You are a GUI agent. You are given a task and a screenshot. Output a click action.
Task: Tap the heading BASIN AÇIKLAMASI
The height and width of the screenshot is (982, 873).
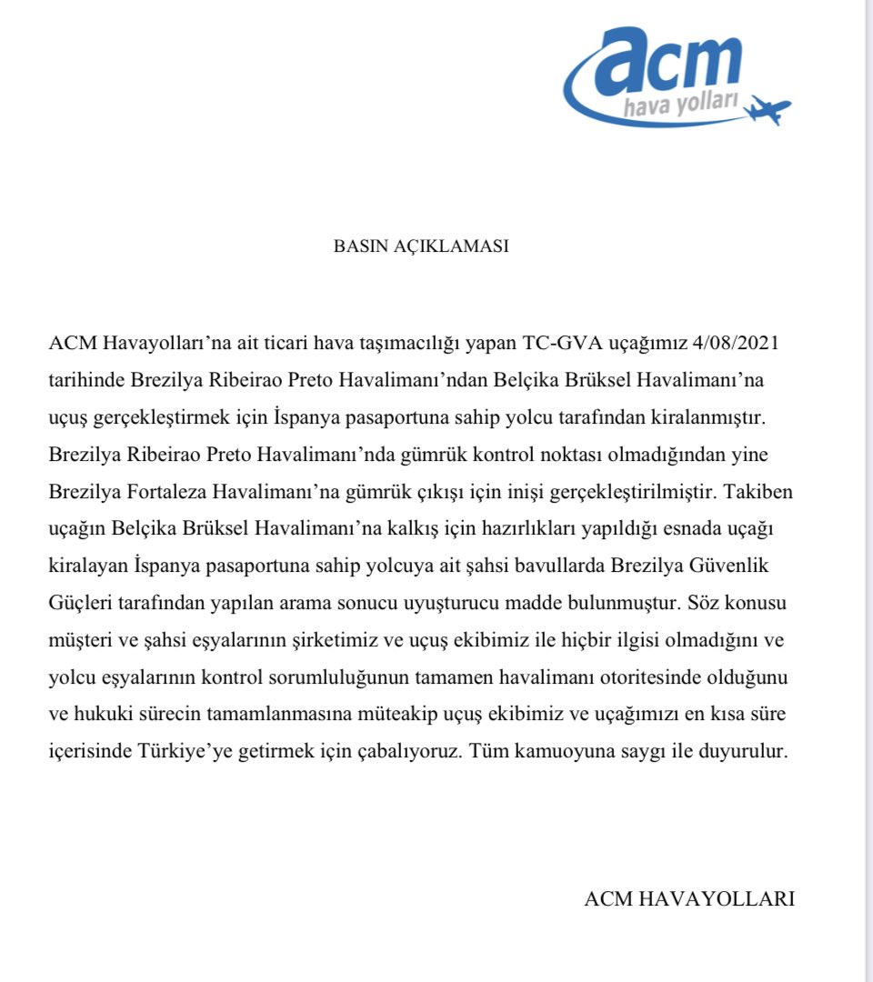point(421,246)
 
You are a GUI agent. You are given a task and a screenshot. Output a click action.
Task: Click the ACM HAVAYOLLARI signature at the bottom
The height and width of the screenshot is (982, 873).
point(689,898)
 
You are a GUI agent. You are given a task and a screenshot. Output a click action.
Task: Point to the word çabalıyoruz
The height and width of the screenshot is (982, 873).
point(399,755)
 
